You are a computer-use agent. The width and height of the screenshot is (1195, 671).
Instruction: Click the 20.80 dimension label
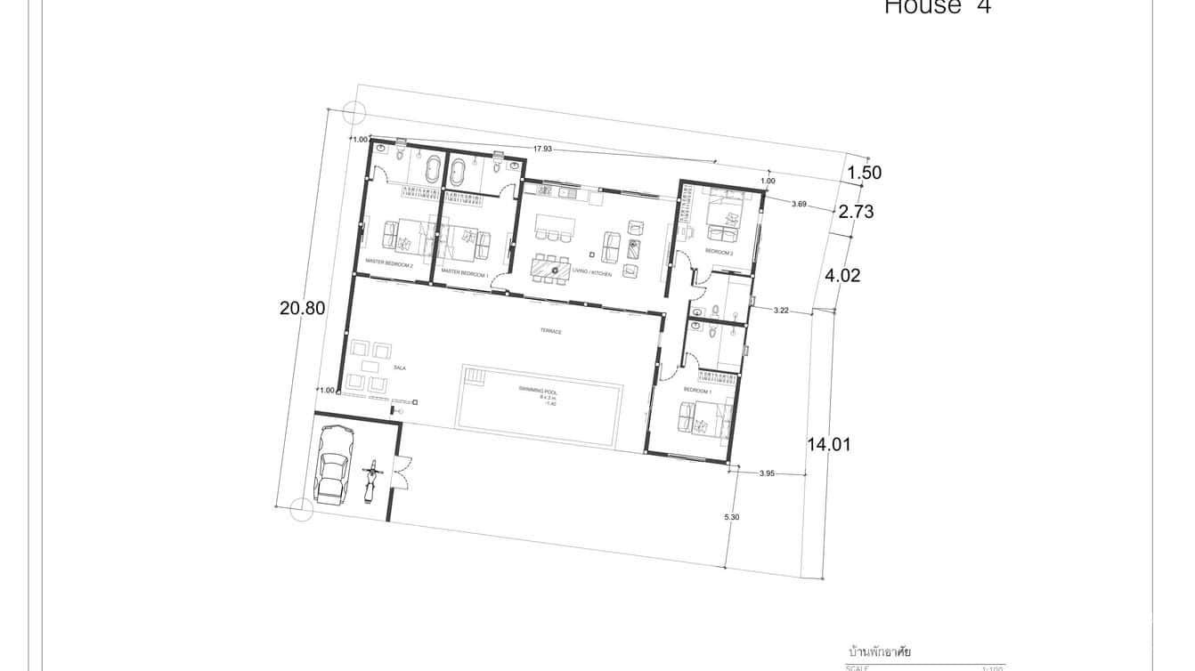coord(302,309)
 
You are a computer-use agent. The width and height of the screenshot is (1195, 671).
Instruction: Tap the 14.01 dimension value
coord(828,444)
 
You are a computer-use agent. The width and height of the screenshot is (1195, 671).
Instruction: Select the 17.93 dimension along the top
coord(541,150)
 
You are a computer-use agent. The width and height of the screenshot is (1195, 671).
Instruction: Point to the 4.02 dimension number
coord(842,276)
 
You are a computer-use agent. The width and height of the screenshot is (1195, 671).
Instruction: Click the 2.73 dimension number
coord(856,212)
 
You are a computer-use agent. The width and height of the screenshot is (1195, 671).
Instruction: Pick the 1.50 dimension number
coord(864,174)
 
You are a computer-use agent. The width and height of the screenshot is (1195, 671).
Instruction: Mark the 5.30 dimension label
coord(732,517)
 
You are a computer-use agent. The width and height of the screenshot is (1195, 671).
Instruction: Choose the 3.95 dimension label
coord(767,473)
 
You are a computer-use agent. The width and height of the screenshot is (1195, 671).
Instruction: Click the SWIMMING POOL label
coord(538,390)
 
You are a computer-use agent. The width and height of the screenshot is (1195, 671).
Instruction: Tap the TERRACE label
coord(551,331)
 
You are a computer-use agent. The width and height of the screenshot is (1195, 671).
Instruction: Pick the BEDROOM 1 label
coord(696,391)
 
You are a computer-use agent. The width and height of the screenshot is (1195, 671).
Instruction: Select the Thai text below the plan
coord(880,652)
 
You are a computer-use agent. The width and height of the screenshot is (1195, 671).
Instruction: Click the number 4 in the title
coord(983,7)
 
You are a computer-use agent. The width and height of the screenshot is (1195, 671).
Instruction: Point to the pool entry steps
coord(475,378)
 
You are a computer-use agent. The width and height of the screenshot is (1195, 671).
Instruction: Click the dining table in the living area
coord(549,266)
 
